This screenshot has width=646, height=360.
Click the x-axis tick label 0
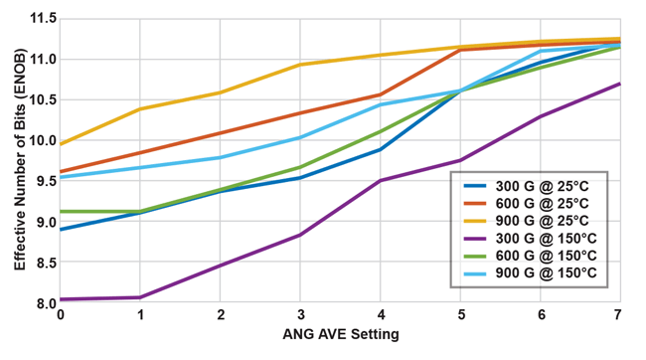(60, 316)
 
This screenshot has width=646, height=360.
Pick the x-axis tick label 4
(381, 316)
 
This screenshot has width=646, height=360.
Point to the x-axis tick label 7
(620, 316)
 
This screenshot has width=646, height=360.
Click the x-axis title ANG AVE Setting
(340, 335)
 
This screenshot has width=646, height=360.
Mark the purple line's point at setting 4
(381, 180)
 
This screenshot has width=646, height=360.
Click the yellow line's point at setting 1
(140, 108)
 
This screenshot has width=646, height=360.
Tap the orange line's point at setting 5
(460, 50)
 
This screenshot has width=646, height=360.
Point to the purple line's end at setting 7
(620, 84)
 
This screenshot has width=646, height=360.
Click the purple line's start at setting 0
(60, 299)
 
